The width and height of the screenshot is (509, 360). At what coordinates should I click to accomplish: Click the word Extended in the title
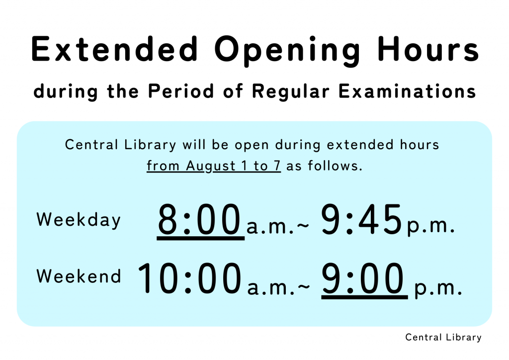coord(115,49)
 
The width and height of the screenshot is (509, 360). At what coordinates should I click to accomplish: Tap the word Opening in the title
coord(287,51)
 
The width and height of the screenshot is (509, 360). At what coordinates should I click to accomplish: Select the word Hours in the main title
coord(428,49)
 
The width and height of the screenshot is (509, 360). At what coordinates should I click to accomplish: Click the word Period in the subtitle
coord(181,91)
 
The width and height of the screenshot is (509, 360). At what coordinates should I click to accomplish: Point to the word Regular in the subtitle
coord(291,92)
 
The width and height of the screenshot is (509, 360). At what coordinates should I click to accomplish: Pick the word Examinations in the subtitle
coord(408,91)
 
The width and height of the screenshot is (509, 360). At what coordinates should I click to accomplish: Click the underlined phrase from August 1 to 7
coord(214,166)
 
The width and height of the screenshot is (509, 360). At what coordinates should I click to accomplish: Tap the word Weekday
coord(79,220)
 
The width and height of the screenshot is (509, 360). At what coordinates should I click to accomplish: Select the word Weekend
coord(79,276)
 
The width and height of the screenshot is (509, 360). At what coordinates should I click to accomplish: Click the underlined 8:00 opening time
coord(200,221)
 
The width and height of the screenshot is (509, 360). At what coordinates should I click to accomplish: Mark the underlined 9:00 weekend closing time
coord(363,280)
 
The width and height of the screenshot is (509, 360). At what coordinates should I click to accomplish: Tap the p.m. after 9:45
coord(430,227)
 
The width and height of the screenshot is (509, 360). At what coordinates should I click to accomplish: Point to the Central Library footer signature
coord(443,337)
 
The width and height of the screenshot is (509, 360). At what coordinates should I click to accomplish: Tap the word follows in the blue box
coord(333,166)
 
